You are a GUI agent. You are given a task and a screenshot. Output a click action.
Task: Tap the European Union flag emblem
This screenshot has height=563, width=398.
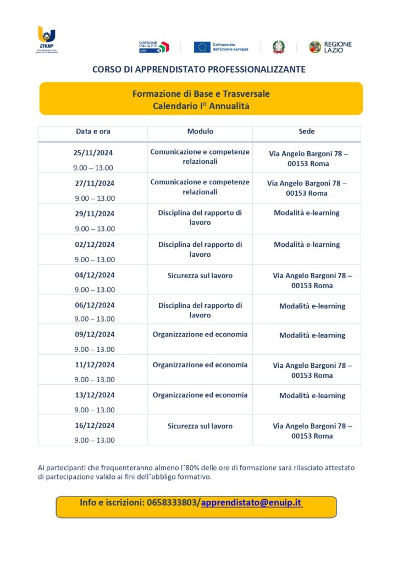(202, 47)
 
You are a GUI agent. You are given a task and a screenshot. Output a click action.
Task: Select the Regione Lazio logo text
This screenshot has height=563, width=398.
(338, 47)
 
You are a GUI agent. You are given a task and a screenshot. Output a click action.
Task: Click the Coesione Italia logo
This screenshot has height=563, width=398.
(153, 47)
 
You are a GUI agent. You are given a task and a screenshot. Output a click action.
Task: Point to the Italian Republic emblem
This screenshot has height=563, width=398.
(279, 47)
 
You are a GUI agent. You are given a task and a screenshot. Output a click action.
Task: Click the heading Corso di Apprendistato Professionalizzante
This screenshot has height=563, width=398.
(199, 70)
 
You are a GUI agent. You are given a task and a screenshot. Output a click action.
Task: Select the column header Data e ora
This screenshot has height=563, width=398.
(93, 131)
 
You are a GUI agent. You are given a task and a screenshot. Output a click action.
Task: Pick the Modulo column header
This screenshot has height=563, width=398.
(200, 131)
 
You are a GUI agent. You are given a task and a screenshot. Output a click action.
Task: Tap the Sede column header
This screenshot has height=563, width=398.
(306, 131)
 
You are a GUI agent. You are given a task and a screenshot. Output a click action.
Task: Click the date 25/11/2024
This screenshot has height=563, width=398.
(93, 153)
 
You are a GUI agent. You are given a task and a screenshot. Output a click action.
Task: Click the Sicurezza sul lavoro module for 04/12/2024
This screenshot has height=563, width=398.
(200, 275)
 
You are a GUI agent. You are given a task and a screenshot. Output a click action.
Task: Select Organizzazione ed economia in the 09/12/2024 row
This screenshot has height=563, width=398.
(200, 334)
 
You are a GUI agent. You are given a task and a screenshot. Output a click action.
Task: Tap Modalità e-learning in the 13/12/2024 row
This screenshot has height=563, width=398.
(312, 395)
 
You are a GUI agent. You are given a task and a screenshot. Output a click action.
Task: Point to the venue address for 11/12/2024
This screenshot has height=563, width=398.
(312, 370)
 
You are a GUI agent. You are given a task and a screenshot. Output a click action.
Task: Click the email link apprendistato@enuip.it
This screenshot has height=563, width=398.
(252, 503)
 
